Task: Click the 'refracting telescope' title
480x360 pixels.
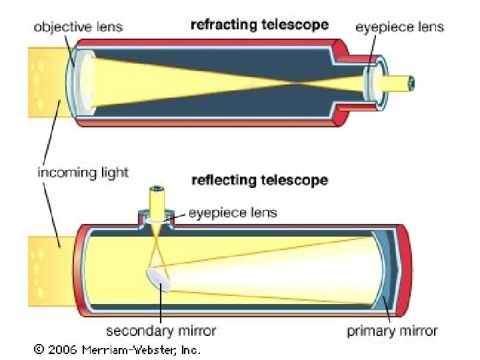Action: pyautogui.click(x=259, y=25)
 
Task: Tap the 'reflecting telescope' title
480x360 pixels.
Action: pyautogui.click(x=259, y=180)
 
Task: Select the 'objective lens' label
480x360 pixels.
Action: pyautogui.click(x=79, y=27)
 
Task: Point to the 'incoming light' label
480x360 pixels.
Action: pyautogui.click(x=83, y=173)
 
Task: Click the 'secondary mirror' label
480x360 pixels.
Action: pyautogui.click(x=161, y=331)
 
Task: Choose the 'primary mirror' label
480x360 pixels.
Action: pyautogui.click(x=392, y=331)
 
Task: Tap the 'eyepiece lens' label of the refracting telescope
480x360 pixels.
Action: pyautogui.click(x=399, y=27)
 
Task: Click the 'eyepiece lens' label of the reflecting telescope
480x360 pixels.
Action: pyautogui.click(x=233, y=213)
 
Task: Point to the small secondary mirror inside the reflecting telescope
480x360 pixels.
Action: pyautogui.click(x=158, y=279)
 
